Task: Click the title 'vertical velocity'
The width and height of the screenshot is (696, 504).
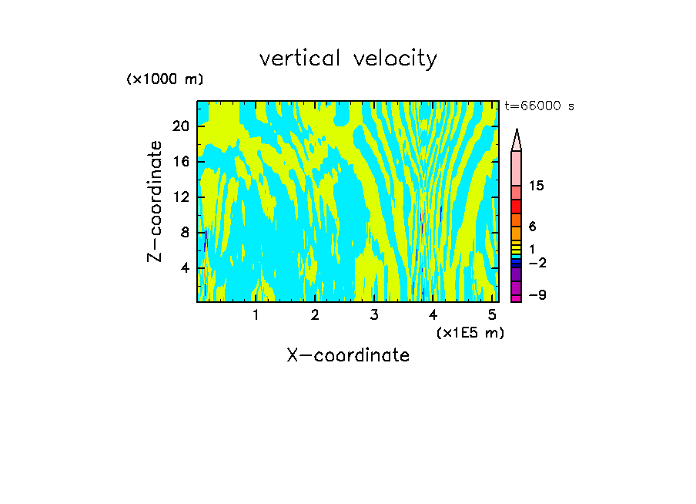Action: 348,59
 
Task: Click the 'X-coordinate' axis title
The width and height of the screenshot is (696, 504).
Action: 348,355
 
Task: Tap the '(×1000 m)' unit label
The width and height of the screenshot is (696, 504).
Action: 165,79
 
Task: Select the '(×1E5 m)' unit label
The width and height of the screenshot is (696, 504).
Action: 470,332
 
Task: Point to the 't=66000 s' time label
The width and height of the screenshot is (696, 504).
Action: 540,106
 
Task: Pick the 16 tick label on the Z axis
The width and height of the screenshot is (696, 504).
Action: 181,162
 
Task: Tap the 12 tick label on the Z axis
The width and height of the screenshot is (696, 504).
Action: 181,197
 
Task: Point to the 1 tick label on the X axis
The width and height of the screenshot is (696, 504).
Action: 256,315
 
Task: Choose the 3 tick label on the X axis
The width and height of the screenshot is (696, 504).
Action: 374,315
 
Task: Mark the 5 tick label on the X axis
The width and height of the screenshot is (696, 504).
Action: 492,315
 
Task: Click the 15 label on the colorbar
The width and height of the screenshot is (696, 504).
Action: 537,186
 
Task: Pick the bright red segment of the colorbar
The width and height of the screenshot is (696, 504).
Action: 517,207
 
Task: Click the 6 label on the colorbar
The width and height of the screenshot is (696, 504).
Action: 533,227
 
